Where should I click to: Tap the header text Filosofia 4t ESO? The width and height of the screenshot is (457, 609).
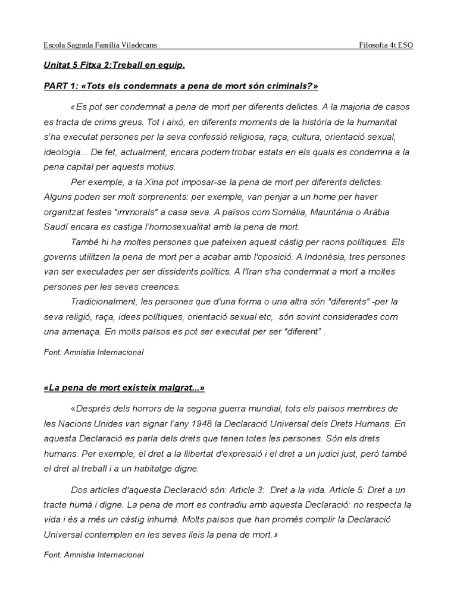(x=387, y=45)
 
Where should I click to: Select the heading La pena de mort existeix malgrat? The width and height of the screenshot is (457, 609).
(x=124, y=388)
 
